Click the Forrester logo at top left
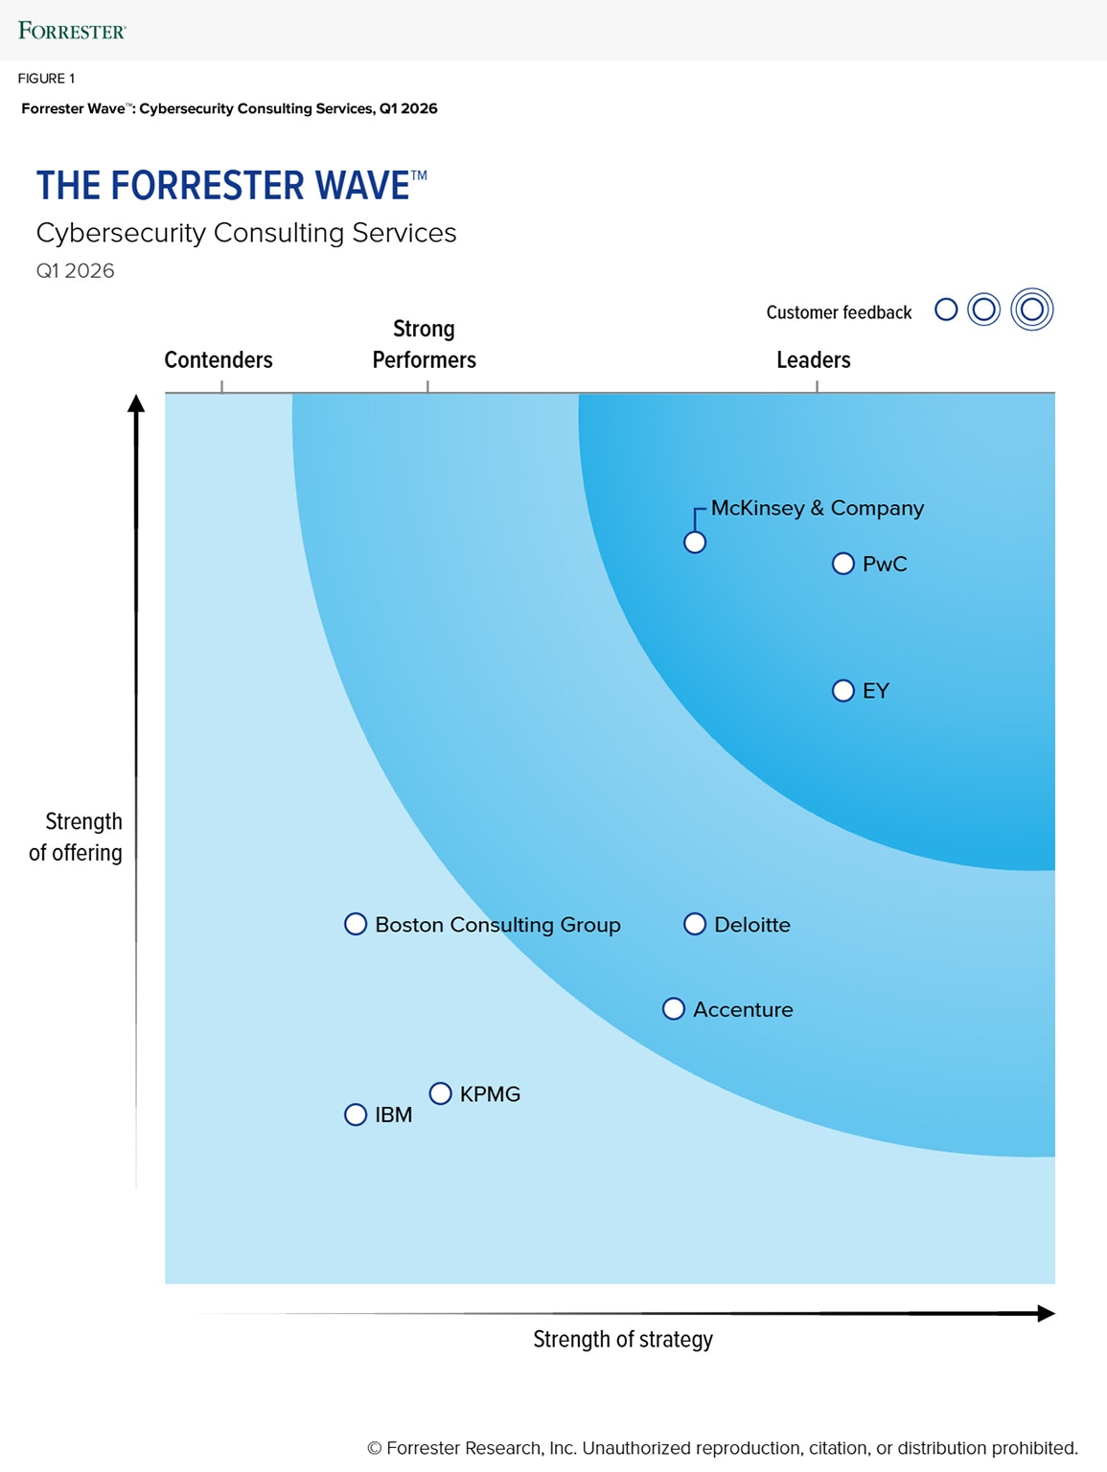point(72,31)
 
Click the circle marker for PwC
point(842,563)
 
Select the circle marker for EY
point(842,691)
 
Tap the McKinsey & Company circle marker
point(695,542)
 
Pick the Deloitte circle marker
point(695,924)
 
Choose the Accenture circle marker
point(674,1009)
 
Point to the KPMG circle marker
point(440,1093)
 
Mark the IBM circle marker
point(356,1115)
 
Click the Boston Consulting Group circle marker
point(356,924)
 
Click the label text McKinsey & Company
point(817,508)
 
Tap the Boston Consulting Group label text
point(497,925)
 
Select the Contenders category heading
point(219,360)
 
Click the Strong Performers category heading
point(424,344)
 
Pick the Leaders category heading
point(813,360)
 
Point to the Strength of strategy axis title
point(623,1339)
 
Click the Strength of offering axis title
point(77,837)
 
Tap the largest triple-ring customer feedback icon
point(1032,310)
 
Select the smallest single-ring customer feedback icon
point(946,310)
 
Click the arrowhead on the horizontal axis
point(1046,1313)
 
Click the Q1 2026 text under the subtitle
point(76,271)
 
